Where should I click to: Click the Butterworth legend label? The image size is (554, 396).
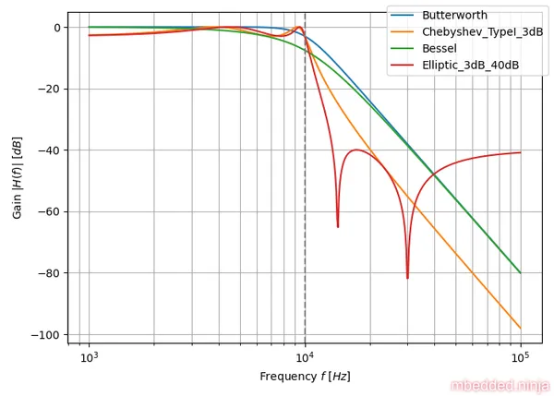click(454, 15)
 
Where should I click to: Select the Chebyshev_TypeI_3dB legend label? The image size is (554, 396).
click(483, 31)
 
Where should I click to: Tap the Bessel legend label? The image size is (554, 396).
click(440, 48)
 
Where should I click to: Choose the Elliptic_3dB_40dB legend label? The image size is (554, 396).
click(471, 65)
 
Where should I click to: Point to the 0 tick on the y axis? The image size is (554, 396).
click(57, 28)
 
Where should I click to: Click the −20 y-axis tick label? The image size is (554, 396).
click(50, 89)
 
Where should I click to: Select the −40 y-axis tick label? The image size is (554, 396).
click(50, 150)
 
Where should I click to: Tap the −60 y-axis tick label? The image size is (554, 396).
click(50, 212)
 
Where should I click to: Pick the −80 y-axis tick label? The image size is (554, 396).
click(50, 273)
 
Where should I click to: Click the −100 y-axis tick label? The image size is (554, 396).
click(46, 334)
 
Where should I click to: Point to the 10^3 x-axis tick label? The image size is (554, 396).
click(89, 357)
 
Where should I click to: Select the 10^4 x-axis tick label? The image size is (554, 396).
click(305, 357)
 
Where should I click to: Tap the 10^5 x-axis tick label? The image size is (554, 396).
click(521, 357)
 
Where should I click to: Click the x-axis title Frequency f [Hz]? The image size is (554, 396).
click(305, 377)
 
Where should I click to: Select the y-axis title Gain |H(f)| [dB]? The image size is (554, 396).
click(17, 177)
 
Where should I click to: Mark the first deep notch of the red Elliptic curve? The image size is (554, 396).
click(338, 227)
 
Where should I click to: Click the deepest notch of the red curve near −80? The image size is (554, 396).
click(407, 278)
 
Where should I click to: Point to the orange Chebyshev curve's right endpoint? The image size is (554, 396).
click(521, 329)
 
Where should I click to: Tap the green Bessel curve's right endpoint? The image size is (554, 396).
click(521, 273)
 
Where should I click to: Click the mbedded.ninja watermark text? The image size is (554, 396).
click(500, 386)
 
